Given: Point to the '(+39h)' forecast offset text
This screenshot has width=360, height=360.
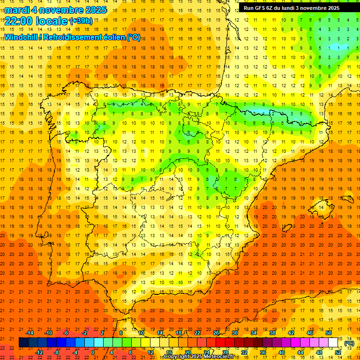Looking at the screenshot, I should coord(81,21).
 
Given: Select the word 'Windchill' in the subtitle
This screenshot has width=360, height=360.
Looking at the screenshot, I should coord(23,37).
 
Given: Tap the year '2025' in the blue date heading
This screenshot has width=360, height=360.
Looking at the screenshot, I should coord(95,10).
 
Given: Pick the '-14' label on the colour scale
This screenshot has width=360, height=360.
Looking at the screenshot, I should coord(30,333).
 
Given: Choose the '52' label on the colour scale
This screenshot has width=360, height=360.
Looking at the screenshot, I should coord(338,352).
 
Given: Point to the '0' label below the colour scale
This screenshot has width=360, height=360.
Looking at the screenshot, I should coord(93,352).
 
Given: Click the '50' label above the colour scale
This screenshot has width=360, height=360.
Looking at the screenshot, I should coord(329,333).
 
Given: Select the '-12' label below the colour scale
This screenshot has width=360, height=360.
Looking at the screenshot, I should coord(39,352).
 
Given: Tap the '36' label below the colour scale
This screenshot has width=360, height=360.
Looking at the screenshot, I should coord(263,352).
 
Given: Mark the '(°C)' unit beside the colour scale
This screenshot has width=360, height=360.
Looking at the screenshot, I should coord(349,343).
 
